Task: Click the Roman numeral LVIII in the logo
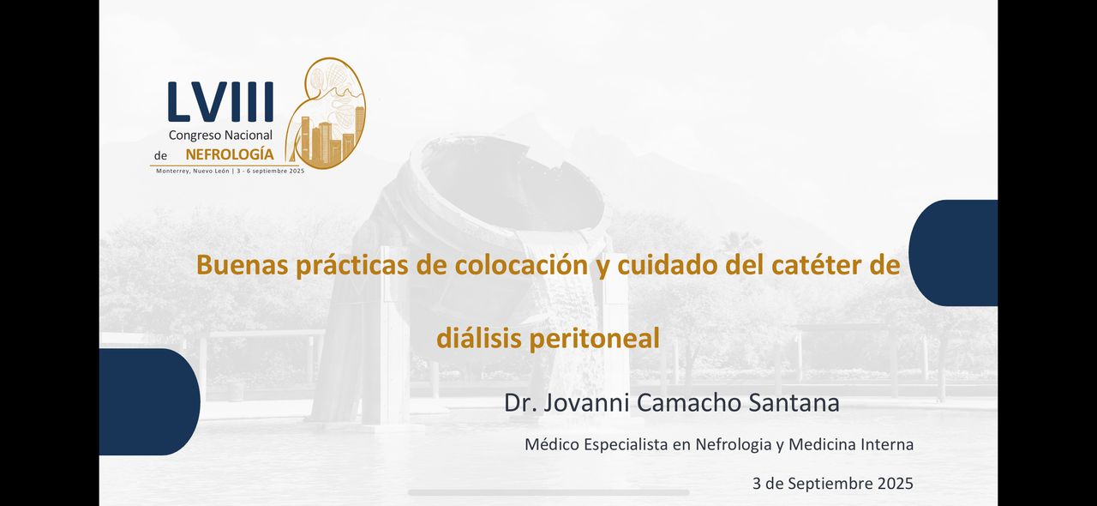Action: point(220,102)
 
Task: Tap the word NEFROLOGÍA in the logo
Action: point(230,154)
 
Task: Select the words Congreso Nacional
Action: point(220,135)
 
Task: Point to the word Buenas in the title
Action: point(243,264)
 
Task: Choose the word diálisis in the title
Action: point(478,339)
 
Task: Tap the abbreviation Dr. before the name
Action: point(519,402)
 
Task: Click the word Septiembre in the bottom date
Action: point(825,483)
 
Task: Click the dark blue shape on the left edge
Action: point(147,401)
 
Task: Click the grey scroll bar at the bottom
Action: point(548,492)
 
